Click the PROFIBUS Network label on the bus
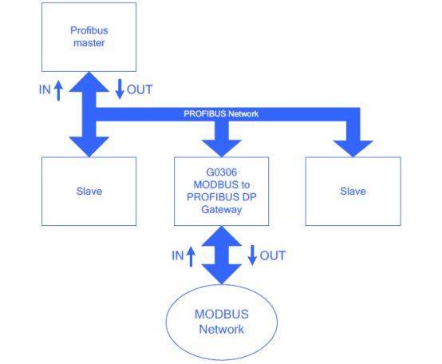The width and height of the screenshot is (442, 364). (221, 114)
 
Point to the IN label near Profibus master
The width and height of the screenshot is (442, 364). (45, 90)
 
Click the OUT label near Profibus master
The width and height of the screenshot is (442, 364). (140, 89)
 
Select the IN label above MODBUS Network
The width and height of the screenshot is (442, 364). (178, 255)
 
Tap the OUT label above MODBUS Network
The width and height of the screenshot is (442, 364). (273, 255)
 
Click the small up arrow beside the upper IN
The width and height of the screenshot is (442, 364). (58, 90)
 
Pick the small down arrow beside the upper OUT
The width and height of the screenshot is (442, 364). (120, 89)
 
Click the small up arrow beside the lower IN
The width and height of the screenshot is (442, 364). (191, 256)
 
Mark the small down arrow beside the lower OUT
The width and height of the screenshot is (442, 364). (252, 255)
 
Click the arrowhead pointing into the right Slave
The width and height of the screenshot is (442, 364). (353, 148)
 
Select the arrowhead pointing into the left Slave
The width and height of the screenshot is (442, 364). (89, 146)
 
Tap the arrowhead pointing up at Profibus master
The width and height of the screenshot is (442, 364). (89, 81)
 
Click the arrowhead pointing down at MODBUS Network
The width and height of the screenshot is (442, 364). (222, 274)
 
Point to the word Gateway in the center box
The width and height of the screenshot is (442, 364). (222, 210)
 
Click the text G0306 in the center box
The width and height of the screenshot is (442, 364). (222, 172)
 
